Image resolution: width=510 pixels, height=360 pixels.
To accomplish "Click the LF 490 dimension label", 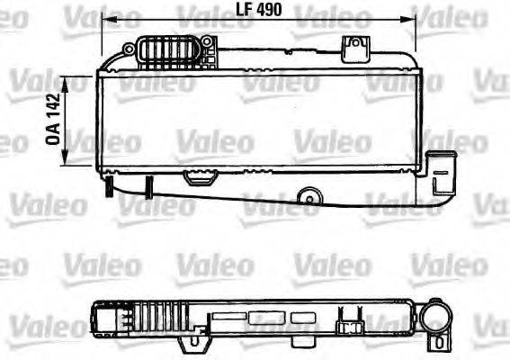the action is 258,9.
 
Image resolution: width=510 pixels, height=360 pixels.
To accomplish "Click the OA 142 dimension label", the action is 53,119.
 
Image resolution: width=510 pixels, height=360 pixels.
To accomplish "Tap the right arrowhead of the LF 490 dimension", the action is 409,20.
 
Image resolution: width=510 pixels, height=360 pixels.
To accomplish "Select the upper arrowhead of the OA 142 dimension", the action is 65,83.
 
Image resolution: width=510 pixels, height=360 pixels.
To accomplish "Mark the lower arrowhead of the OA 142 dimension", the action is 65,158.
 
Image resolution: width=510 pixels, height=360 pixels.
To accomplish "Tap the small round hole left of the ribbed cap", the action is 130,49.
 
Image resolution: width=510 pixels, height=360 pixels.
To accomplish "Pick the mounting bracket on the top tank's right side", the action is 355,49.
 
